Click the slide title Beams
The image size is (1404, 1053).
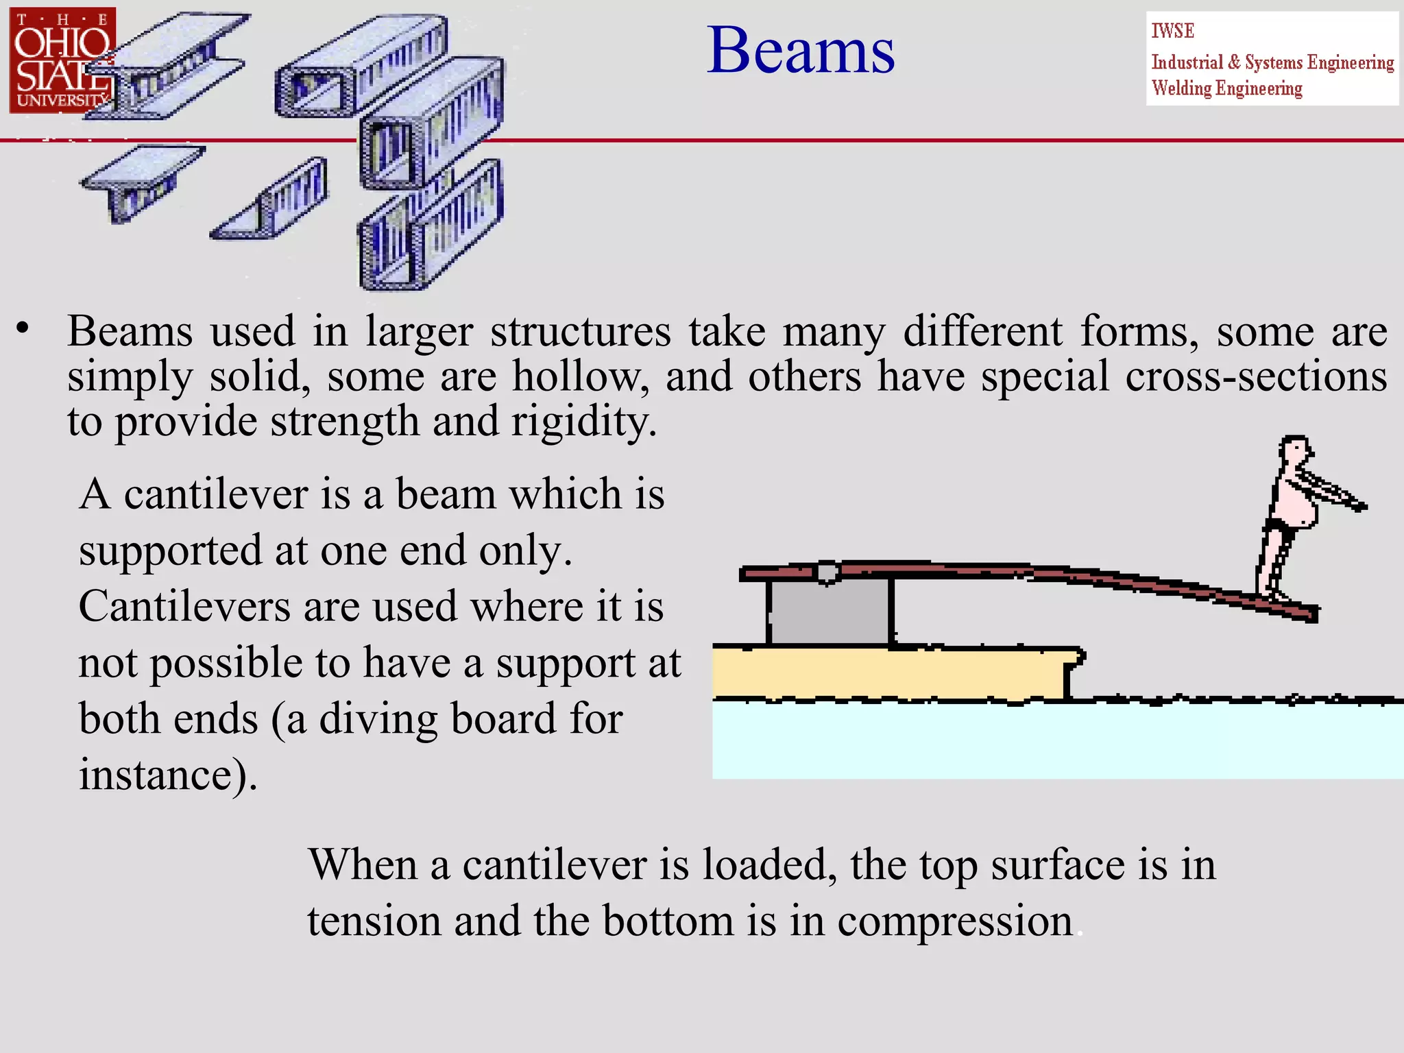click(x=800, y=51)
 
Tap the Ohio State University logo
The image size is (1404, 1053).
click(x=62, y=60)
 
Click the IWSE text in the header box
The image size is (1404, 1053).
click(x=1172, y=31)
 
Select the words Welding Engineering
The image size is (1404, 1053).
click(x=1226, y=88)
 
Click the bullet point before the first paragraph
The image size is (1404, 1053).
click(x=23, y=328)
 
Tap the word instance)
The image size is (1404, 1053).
click(x=168, y=775)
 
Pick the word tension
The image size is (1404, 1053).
click(x=374, y=921)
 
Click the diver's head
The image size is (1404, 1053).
click(x=1294, y=452)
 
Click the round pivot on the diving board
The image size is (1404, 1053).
click(x=828, y=571)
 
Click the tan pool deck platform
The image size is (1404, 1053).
click(x=891, y=673)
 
